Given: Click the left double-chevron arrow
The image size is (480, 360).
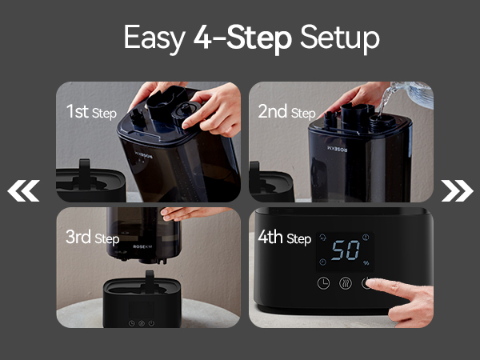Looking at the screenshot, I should click(x=23, y=190).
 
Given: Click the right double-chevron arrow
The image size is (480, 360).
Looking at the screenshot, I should click(x=456, y=190).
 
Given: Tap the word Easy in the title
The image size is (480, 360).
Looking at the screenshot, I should click(x=154, y=38).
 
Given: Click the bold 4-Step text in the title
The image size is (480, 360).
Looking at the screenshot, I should click(x=242, y=38).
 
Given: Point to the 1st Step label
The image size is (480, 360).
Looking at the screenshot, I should click(x=92, y=111).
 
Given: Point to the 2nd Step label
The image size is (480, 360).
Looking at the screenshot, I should click(x=286, y=111).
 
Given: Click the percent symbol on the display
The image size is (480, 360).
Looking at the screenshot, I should click(x=366, y=262).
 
